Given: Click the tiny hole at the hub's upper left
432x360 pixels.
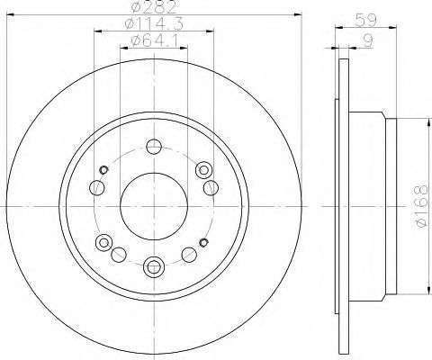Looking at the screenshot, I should point(105,172).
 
